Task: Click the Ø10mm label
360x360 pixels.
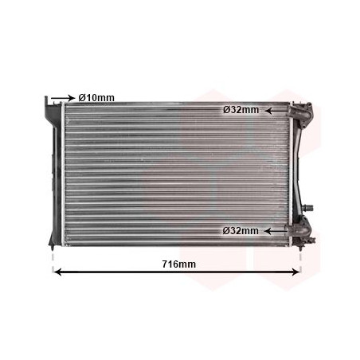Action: point(96,98)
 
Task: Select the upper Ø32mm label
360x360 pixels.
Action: point(241,111)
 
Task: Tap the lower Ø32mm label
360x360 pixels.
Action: point(241,230)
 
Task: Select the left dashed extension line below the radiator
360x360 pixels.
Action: point(53,259)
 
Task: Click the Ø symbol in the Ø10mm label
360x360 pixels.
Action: point(81,98)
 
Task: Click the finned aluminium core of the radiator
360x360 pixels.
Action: point(175,171)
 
